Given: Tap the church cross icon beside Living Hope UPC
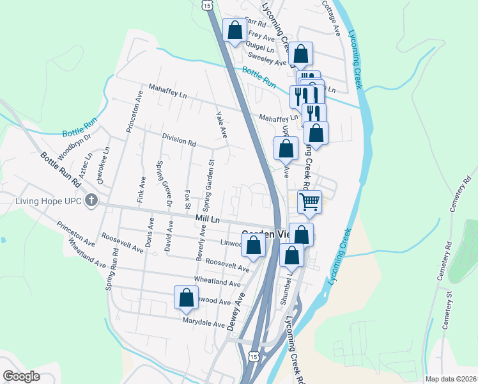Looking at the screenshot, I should pyautogui.click(x=91, y=200).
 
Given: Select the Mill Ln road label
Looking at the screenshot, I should pyautogui.click(x=208, y=220).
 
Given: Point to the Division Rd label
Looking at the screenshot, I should pyautogui.click(x=178, y=140).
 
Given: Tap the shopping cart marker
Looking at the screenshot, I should pyautogui.click(x=309, y=202).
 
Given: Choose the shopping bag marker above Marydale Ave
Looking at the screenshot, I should pyautogui.click(x=186, y=297).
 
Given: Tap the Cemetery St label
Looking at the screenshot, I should pyautogui.click(x=447, y=303).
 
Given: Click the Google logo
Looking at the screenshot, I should pyautogui.click(x=21, y=376).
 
